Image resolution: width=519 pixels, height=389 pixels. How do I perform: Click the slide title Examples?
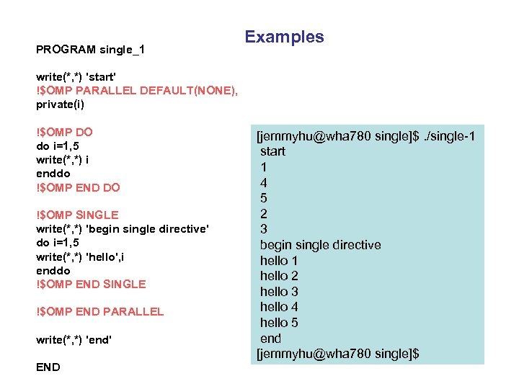tap(284, 37)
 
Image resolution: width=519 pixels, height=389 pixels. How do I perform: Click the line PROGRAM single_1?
tap(90, 50)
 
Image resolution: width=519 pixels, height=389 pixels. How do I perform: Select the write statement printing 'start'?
tap(76, 76)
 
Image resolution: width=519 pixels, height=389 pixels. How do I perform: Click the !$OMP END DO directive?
tap(78, 187)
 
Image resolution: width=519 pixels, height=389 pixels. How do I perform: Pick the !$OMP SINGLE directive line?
tap(77, 215)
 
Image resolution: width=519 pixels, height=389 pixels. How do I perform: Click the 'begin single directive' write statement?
tap(123, 228)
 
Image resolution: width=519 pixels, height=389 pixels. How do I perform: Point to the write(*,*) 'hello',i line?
tap(85, 256)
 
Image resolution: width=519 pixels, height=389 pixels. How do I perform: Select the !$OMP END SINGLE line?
tap(91, 284)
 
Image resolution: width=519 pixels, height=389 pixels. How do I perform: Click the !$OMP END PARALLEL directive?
tap(99, 311)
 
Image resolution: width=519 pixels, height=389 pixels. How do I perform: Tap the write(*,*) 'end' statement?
tap(74, 339)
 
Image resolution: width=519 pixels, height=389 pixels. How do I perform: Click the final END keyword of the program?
tap(48, 367)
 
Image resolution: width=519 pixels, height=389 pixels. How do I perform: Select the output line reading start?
tap(272, 151)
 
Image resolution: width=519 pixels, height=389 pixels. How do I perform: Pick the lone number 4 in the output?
tap(264, 182)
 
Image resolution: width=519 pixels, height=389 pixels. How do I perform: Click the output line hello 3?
tap(279, 292)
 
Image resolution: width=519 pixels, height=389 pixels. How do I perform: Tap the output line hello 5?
tap(279, 323)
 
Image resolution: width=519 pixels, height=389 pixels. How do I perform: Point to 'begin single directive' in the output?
tap(320, 245)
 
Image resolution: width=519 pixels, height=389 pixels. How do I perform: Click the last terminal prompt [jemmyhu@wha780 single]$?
tap(338, 354)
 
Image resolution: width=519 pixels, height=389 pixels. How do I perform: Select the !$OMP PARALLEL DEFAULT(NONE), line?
tap(136, 90)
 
